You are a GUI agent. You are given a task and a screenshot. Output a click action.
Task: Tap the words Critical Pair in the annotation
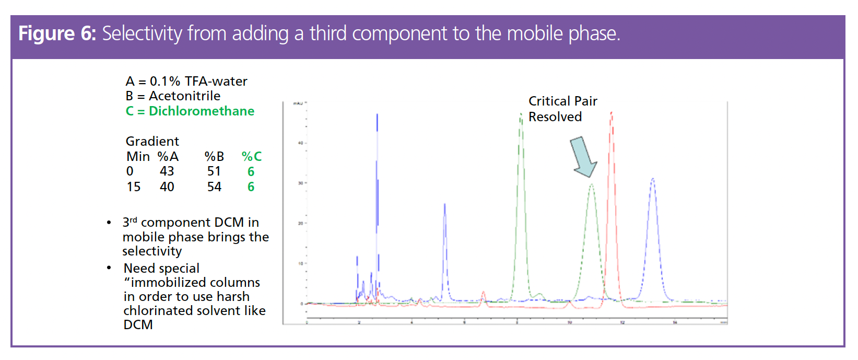click(x=562, y=101)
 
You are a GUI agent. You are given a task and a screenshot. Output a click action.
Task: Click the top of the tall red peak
click(x=611, y=113)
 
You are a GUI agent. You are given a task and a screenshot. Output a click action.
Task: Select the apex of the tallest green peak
click(x=521, y=114)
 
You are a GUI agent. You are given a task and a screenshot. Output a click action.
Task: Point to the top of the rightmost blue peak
click(x=652, y=179)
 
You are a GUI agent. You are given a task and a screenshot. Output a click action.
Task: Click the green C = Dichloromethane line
click(x=190, y=111)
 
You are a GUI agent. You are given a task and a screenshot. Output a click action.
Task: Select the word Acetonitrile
click(x=184, y=96)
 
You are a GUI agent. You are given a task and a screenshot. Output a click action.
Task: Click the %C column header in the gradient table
click(x=251, y=157)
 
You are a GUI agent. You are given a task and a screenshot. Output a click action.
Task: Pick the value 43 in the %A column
click(x=167, y=171)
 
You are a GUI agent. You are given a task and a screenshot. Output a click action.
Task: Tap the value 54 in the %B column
click(x=214, y=187)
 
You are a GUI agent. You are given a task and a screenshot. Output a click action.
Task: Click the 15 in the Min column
click(x=134, y=187)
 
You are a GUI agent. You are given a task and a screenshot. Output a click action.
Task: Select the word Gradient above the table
click(x=152, y=142)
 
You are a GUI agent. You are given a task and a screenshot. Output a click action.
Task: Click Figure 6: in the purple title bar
click(x=57, y=34)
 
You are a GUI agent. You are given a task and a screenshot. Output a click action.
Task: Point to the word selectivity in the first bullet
click(x=152, y=251)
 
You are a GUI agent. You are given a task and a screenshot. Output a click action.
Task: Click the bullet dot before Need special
click(x=109, y=268)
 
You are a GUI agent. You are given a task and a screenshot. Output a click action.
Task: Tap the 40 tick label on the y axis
click(x=300, y=143)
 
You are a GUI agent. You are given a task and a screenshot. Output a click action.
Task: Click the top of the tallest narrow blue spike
click(x=377, y=114)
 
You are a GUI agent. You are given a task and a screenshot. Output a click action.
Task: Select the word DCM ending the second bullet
click(x=138, y=325)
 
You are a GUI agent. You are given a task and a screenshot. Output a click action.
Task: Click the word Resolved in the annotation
click(x=555, y=117)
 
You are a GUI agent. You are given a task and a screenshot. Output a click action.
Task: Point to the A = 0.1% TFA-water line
click(x=186, y=82)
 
